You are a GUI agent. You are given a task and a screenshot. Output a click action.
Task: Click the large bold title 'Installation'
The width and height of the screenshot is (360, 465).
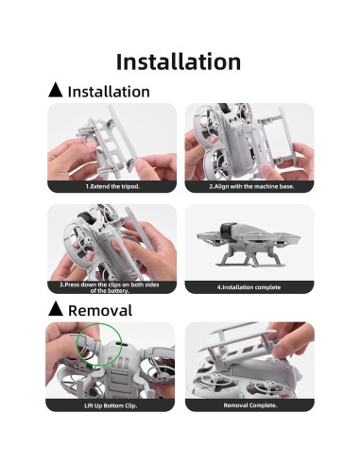point(179,61)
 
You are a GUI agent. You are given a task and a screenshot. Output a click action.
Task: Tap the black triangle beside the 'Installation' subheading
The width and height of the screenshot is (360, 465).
point(56,91)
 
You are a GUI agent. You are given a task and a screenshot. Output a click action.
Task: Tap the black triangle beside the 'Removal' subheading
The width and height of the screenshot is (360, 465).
point(56,309)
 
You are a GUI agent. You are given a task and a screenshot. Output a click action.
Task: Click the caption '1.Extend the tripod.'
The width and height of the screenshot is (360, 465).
point(111,187)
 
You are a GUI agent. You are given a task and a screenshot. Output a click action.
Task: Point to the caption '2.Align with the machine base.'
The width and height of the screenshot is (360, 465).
point(249,187)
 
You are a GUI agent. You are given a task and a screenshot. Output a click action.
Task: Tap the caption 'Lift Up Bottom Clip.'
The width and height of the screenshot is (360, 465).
point(111,405)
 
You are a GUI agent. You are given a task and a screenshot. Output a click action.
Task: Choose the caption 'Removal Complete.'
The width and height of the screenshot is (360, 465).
point(249,405)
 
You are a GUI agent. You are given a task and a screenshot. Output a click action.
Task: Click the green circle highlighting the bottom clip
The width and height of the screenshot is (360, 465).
point(97,343)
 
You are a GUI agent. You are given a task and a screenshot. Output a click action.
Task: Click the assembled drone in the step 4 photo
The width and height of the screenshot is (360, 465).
point(248,248)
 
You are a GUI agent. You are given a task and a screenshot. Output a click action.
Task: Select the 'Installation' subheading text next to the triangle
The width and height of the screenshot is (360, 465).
point(108,92)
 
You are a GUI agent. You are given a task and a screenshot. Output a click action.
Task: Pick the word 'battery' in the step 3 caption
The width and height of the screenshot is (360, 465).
point(121,291)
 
